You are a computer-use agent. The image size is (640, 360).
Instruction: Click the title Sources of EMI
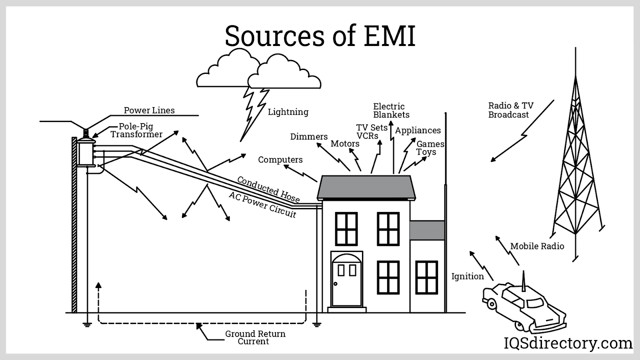pos(320,36)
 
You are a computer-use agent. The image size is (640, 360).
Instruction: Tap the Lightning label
pos(288,112)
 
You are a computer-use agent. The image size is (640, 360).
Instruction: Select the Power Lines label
pos(149,110)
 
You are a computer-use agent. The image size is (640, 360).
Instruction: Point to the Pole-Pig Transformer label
pos(136,130)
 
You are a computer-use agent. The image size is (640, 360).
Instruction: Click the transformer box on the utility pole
pos(86,152)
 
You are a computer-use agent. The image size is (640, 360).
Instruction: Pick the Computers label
pos(280,160)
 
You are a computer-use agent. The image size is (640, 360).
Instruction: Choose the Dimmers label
pos(309,136)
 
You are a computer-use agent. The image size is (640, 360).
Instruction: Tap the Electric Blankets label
pos(391,110)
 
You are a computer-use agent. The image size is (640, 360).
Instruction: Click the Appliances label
pos(418,130)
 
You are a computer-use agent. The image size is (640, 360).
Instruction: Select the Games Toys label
pos(430,148)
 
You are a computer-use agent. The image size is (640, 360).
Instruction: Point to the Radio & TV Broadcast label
pos(510,110)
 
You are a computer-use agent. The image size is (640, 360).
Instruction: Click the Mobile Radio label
pos(537,246)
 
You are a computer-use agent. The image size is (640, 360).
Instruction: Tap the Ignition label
pos(467,276)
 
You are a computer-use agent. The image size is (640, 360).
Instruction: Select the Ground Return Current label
pos(255,337)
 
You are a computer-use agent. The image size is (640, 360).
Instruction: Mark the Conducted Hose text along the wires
pos(268,189)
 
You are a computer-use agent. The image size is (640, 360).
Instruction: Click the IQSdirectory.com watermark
pos(568,343)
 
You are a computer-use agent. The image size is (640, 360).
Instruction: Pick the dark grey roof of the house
pos(366,187)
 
